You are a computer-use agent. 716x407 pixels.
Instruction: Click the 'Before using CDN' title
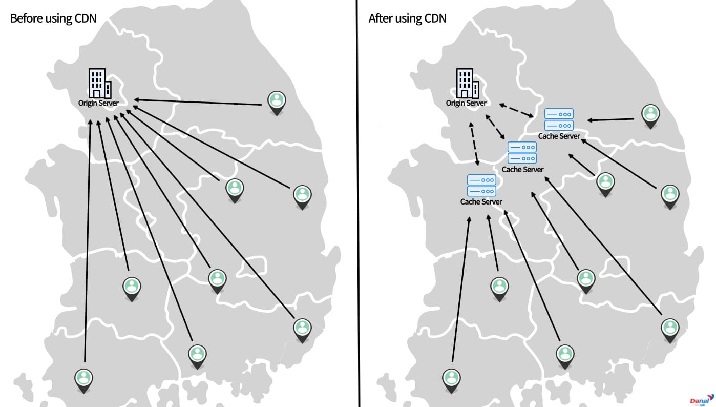pyautogui.click(x=53, y=18)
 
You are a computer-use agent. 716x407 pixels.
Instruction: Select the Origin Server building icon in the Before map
pyautogui.click(x=100, y=83)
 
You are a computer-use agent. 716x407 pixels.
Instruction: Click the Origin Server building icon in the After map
pyautogui.click(x=467, y=83)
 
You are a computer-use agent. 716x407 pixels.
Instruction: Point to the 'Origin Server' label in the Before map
pyautogui.click(x=98, y=103)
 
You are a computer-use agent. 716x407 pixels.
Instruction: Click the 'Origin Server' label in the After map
pyautogui.click(x=466, y=103)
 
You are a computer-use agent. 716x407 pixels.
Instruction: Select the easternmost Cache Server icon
pyautogui.click(x=559, y=119)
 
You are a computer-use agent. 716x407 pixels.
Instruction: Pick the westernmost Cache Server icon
pyautogui.click(x=481, y=185)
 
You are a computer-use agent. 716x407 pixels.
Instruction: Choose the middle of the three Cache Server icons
pyautogui.click(x=522, y=153)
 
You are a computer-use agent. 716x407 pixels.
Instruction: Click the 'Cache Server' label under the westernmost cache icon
pyautogui.click(x=481, y=202)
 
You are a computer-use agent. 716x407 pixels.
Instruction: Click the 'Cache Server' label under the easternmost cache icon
pyautogui.click(x=559, y=136)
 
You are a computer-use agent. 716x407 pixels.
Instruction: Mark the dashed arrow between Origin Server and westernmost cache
pyautogui.click(x=474, y=144)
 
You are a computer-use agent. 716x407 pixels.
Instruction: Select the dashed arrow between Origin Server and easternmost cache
pyautogui.click(x=516, y=110)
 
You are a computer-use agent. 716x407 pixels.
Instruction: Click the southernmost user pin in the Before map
pyautogui.click(x=84, y=381)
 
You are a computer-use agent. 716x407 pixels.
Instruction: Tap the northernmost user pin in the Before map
pyautogui.click(x=277, y=103)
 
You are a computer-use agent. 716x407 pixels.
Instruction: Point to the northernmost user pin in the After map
pyautogui.click(x=650, y=116)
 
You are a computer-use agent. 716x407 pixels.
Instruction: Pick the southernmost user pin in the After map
pyautogui.click(x=451, y=381)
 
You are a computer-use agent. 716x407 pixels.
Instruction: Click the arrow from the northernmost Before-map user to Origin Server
pyautogui.click(x=198, y=102)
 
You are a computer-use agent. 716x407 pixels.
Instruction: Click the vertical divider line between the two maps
pyautogui.click(x=358, y=203)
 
